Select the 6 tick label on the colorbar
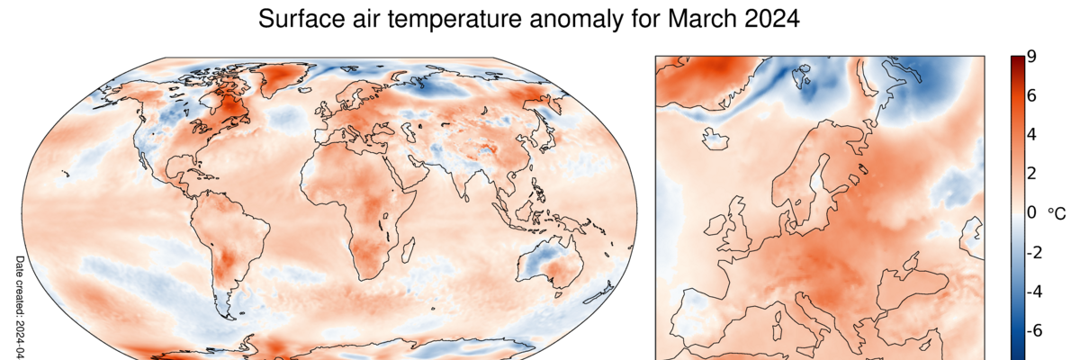pyautogui.click(x=1031, y=95)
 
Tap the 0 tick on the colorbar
pyautogui.click(x=1031, y=213)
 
